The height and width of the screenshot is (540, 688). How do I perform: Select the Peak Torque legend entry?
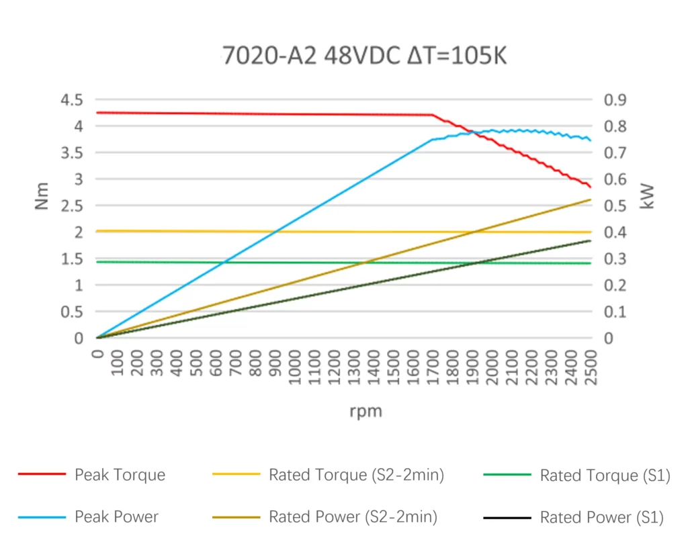tap(120, 476)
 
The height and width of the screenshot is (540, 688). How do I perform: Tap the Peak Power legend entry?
tap(116, 517)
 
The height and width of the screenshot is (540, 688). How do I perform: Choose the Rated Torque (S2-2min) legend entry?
tap(356, 476)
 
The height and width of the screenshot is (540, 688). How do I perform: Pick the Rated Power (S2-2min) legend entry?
tap(353, 517)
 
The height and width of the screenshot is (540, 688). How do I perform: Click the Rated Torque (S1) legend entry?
tap(605, 476)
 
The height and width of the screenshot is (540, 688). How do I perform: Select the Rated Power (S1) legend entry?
tap(601, 517)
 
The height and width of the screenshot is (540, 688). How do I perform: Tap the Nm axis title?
tap(42, 195)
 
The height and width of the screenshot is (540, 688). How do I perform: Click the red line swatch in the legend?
tap(42, 475)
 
